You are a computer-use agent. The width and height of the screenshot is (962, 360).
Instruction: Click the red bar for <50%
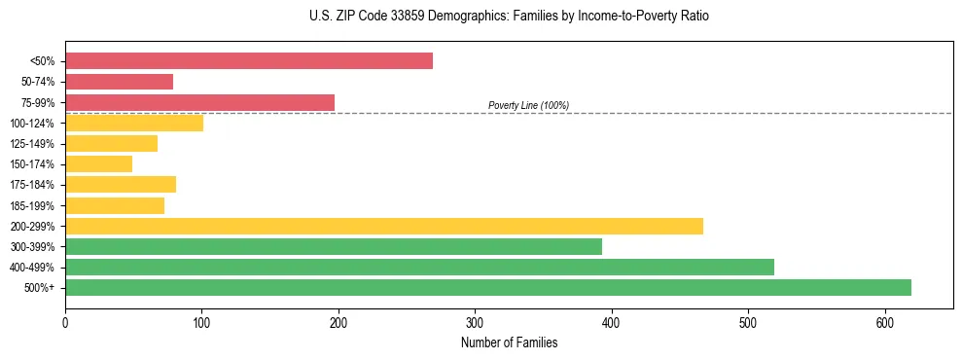(x=249, y=61)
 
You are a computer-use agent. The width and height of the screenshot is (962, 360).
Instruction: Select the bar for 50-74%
(x=119, y=82)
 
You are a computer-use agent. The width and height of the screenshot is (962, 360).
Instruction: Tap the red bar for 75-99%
(x=199, y=102)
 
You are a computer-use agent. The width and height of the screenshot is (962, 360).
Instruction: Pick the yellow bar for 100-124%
(x=134, y=123)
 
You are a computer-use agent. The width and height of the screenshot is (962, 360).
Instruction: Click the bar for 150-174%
(x=98, y=164)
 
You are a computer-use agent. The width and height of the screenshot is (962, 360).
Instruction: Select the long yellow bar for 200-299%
(x=384, y=226)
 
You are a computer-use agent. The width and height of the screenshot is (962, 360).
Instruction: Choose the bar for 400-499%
(x=419, y=267)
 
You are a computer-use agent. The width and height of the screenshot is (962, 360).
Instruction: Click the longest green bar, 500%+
(x=488, y=287)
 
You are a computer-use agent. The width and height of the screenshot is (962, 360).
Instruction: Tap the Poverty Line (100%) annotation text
(x=528, y=105)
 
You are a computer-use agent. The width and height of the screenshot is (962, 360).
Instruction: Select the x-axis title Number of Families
(x=509, y=342)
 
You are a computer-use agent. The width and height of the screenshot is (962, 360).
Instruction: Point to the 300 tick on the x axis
(x=475, y=322)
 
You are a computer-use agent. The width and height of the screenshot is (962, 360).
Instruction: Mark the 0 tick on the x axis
(x=65, y=322)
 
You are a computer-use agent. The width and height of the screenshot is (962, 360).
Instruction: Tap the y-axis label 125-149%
(x=32, y=144)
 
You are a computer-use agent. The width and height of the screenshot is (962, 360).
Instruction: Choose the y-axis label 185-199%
(x=32, y=206)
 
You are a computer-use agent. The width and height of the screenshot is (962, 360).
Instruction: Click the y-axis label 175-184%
(x=32, y=185)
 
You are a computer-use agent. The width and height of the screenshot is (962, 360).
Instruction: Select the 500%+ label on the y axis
(x=39, y=288)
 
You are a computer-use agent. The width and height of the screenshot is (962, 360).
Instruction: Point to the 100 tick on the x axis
(x=201, y=322)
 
